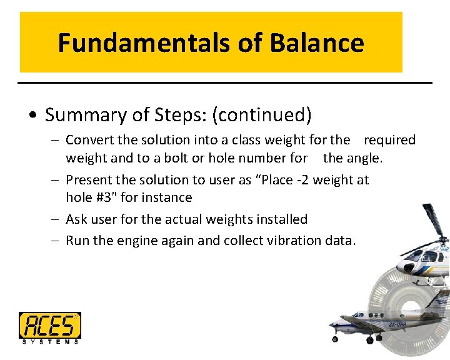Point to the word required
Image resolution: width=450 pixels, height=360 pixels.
click(389, 140)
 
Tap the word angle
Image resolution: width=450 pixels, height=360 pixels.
click(364, 158)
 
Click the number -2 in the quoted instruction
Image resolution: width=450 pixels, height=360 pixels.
click(301, 180)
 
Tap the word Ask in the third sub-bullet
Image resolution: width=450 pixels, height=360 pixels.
click(76, 219)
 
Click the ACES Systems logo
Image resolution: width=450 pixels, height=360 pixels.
click(49, 327)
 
